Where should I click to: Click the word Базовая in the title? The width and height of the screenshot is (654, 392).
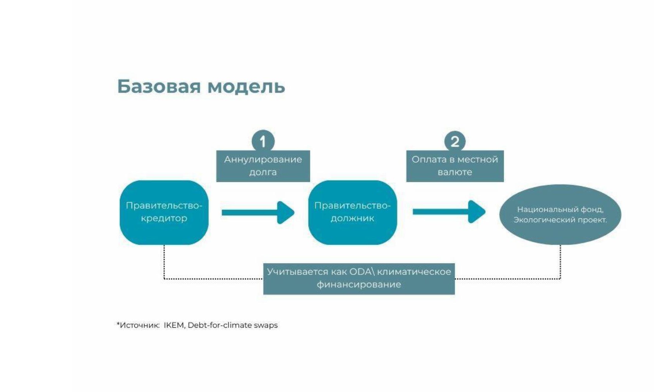point(159,86)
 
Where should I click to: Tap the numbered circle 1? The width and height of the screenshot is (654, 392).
point(263,141)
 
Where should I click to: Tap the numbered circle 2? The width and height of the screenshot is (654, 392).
point(455,141)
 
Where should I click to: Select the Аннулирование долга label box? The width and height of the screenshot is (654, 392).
point(263,166)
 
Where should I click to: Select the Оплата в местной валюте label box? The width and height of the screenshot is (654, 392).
point(455,166)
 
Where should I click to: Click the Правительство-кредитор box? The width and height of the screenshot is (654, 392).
point(164,212)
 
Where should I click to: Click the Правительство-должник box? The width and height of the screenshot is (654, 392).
point(352,212)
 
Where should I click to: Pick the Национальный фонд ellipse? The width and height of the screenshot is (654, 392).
point(560,215)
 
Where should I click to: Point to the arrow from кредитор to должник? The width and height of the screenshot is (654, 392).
point(258,212)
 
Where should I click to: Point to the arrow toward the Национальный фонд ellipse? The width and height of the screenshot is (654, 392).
point(449,212)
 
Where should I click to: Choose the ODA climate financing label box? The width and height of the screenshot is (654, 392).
point(359,279)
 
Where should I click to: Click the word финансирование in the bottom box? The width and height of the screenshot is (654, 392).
point(359,284)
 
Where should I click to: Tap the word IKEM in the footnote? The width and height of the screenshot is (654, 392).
point(174,325)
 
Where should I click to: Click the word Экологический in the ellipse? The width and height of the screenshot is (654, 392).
point(537,220)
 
